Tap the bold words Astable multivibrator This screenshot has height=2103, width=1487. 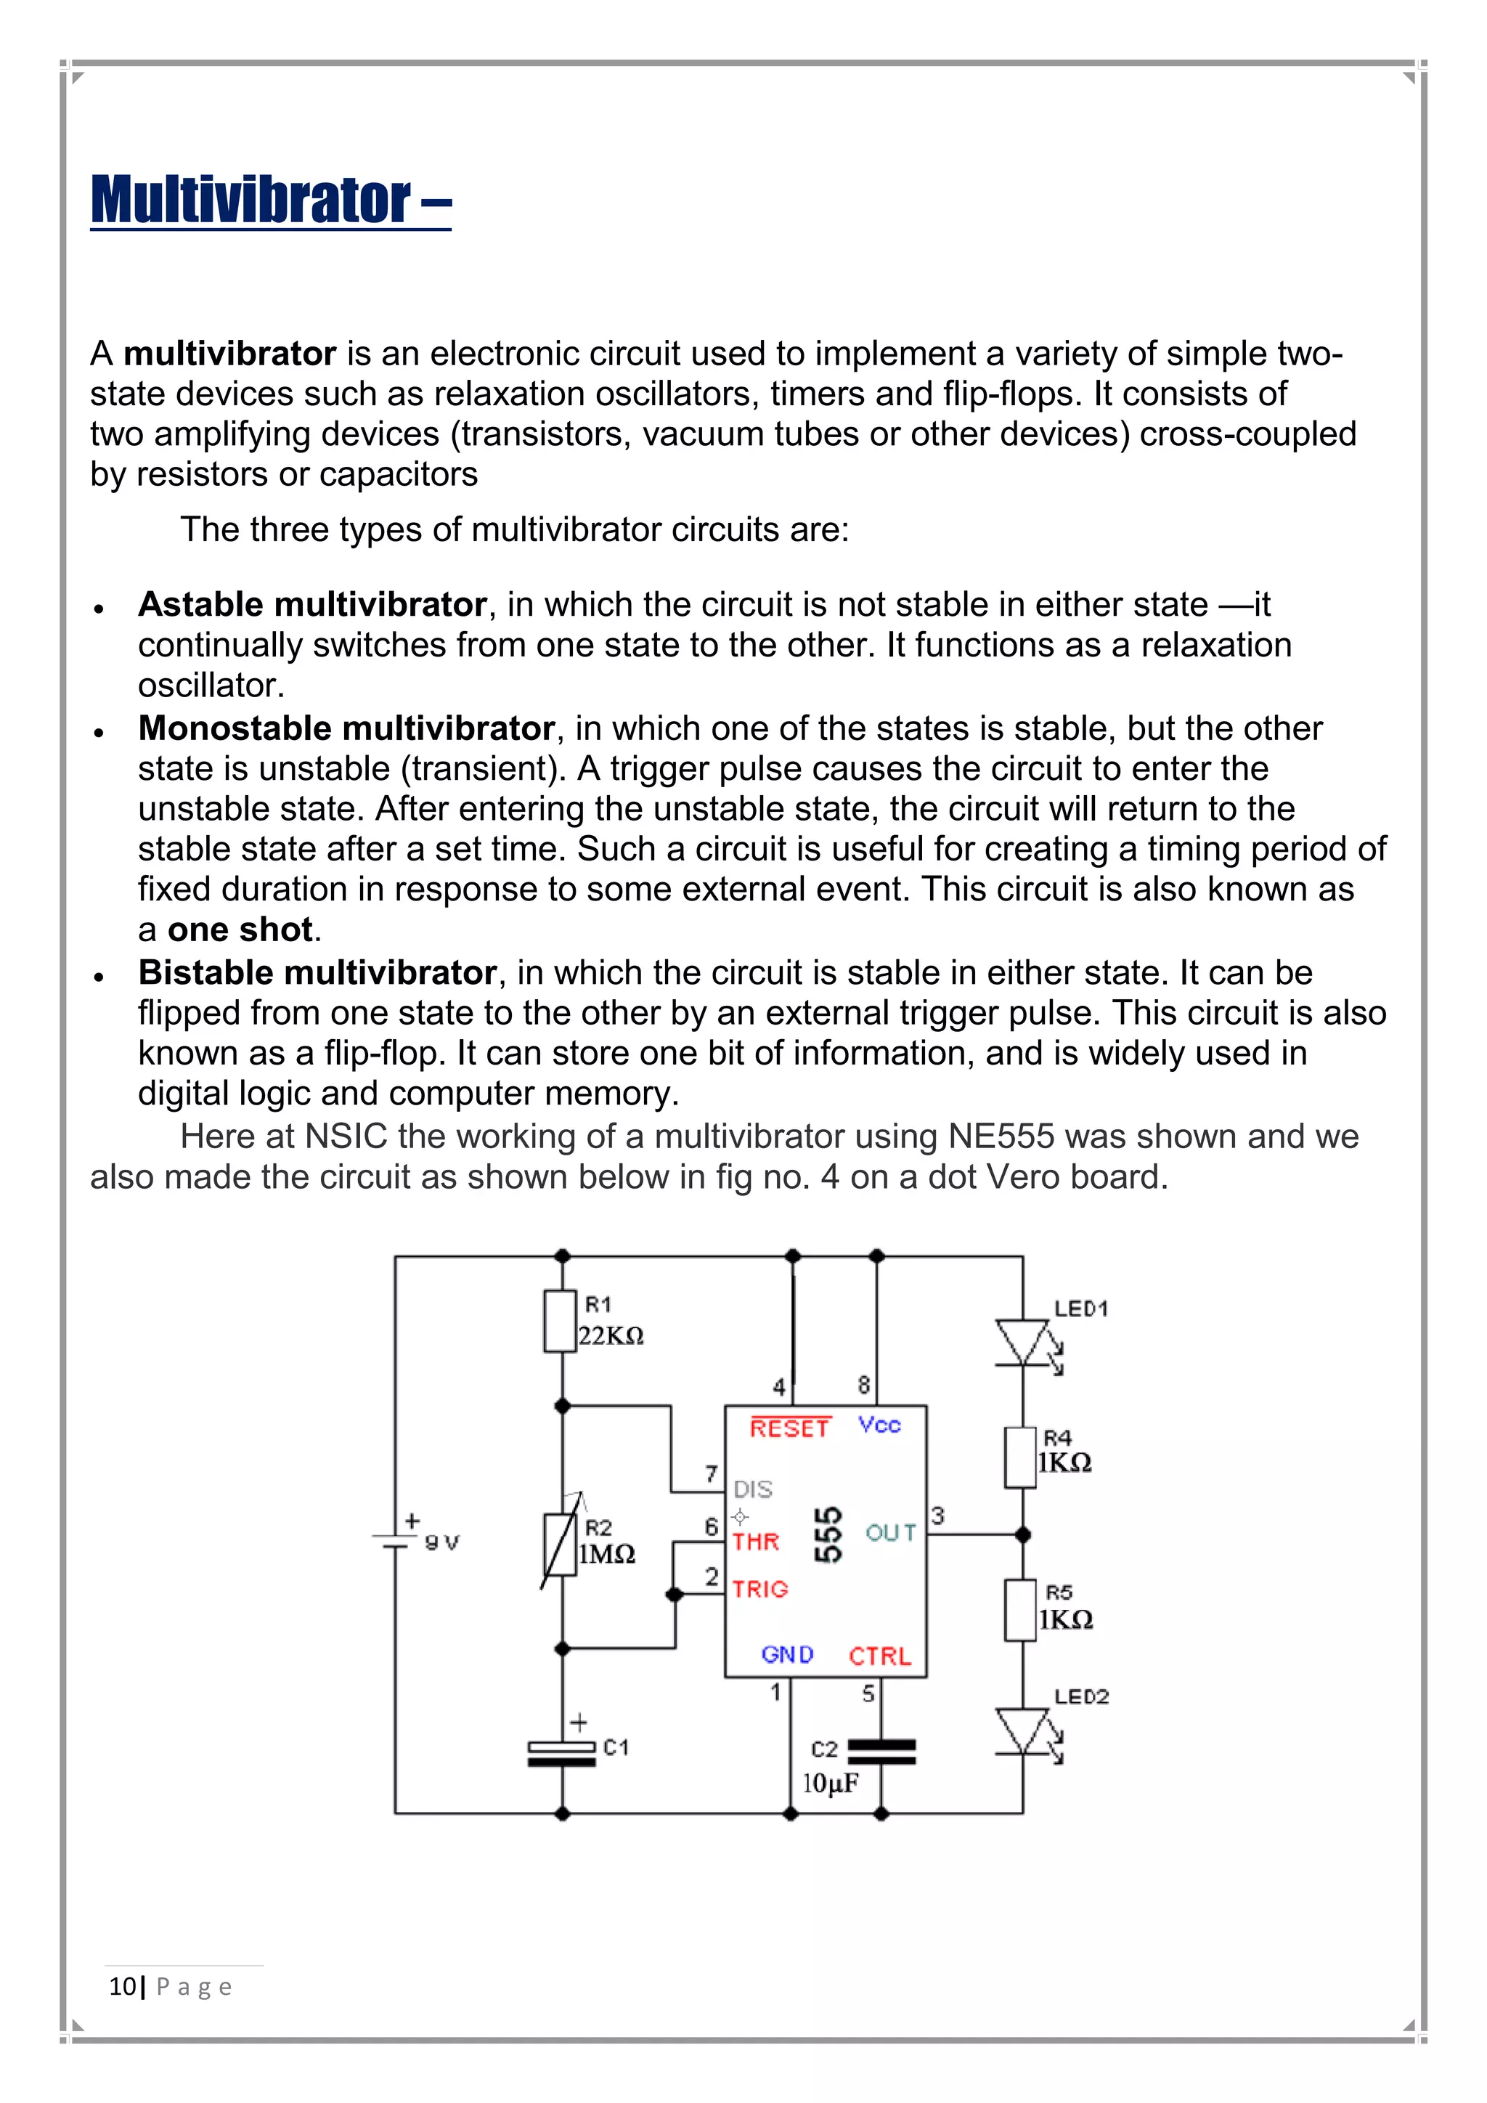point(311,604)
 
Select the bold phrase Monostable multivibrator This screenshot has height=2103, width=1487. point(346,728)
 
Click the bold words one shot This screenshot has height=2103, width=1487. point(240,930)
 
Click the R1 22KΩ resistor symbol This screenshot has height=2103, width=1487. point(561,1321)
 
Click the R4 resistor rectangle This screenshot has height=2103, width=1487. point(1021,1457)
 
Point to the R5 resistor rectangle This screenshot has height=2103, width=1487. point(1021,1610)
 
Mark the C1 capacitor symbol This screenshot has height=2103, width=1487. point(561,1754)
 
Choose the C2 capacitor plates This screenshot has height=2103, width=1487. point(881,1752)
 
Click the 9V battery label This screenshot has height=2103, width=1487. point(441,1543)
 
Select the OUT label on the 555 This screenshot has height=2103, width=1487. point(890,1532)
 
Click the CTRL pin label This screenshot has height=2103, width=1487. point(879,1656)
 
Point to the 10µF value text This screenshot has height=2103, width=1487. point(830,1783)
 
